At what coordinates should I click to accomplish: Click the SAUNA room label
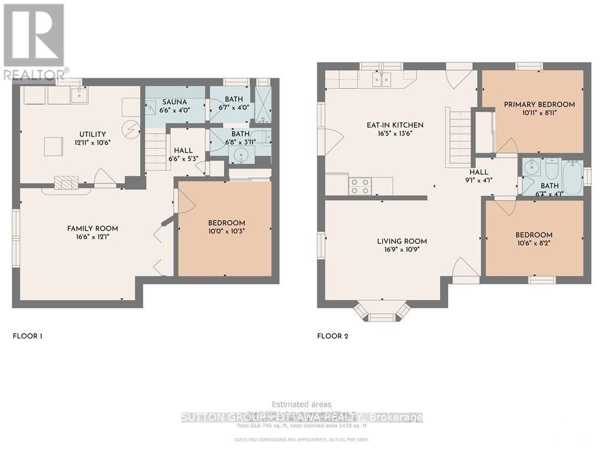(x=175, y=102)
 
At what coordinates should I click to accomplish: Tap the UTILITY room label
(x=87, y=134)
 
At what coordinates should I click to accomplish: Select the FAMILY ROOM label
(x=92, y=228)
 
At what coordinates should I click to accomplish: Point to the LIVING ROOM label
(x=402, y=241)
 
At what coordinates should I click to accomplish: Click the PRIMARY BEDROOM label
(x=539, y=104)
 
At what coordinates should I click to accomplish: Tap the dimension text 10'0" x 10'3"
(x=226, y=231)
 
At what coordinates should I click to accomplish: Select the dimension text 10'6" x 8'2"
(x=535, y=243)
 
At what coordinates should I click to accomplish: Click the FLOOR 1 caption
(x=28, y=336)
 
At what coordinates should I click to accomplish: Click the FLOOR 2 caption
(x=333, y=336)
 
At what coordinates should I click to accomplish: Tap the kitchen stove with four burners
(x=359, y=186)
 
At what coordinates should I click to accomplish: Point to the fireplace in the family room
(x=66, y=183)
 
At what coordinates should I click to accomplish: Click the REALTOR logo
(x=34, y=41)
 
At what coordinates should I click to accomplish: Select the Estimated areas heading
(x=301, y=404)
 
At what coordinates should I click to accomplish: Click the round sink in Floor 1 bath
(x=240, y=155)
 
